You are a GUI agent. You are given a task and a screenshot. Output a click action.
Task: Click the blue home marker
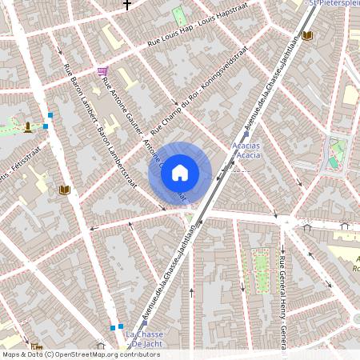click(x=180, y=173)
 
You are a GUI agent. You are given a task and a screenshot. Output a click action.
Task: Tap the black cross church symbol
click(x=126, y=5)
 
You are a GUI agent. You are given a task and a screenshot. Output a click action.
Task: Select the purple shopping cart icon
click(x=102, y=71)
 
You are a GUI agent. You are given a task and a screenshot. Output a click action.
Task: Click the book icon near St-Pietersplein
click(x=307, y=35)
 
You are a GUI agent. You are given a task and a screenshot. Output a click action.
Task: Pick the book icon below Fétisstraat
click(x=65, y=190)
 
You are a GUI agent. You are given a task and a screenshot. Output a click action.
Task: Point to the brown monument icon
click(x=29, y=126)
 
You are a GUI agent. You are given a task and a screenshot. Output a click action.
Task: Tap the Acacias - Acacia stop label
click(x=245, y=150)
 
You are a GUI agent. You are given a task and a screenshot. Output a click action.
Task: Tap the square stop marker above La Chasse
click(x=121, y=326)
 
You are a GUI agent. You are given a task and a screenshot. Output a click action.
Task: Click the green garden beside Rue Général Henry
click(x=260, y=270)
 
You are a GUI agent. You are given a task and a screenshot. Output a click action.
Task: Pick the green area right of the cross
click(x=179, y=16)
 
